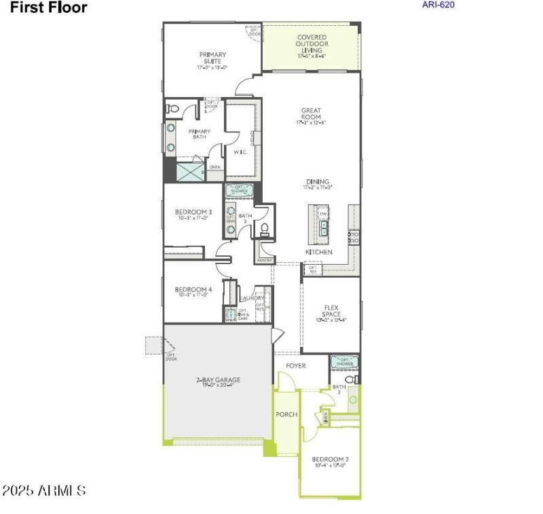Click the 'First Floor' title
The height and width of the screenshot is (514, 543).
(x=49, y=8)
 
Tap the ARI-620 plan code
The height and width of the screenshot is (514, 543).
(x=438, y=5)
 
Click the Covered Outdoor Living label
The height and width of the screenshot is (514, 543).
(x=311, y=46)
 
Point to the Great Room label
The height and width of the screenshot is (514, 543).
(x=311, y=115)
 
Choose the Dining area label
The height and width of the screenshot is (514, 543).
(x=318, y=184)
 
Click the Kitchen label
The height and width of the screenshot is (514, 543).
(x=318, y=252)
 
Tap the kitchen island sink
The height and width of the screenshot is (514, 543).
(x=324, y=227)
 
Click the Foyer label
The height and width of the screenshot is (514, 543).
(x=295, y=365)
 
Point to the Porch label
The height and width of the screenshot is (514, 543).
(x=286, y=414)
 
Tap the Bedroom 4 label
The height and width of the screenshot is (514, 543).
(x=193, y=291)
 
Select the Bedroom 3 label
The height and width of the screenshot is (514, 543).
(x=193, y=215)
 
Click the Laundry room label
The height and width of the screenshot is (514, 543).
(x=252, y=298)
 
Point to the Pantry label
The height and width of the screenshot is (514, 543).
(x=264, y=260)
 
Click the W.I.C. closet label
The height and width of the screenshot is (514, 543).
(x=238, y=151)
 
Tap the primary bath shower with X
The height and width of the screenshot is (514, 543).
(x=190, y=171)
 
